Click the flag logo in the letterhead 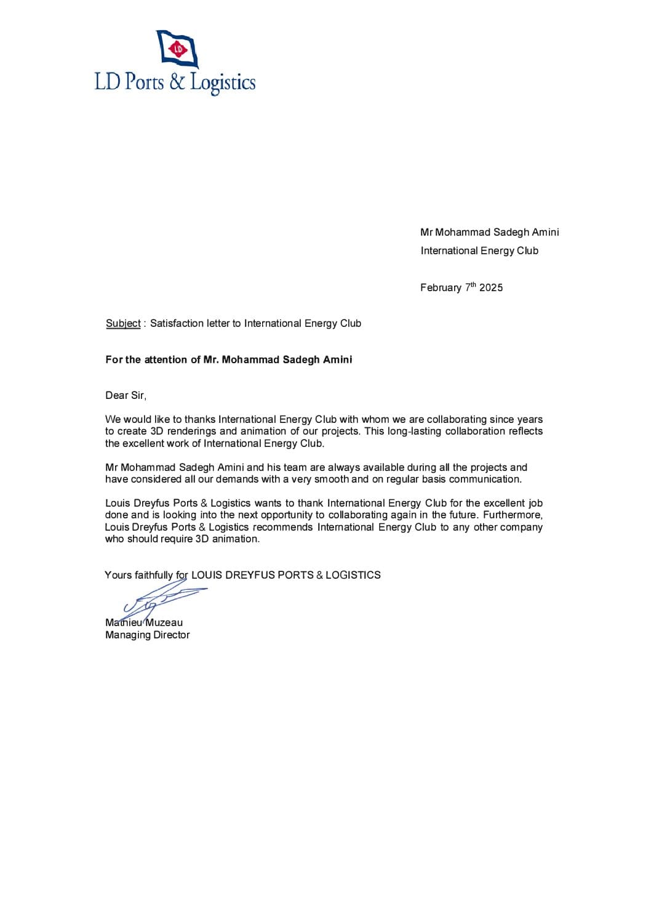178,49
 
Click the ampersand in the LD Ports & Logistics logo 177,82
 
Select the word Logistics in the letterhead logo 222,83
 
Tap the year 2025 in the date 491,288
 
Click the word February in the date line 441,288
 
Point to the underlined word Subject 123,324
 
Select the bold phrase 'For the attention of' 153,360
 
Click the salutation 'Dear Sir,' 126,396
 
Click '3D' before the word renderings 157,432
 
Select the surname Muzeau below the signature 164,623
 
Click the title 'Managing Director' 148,635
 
